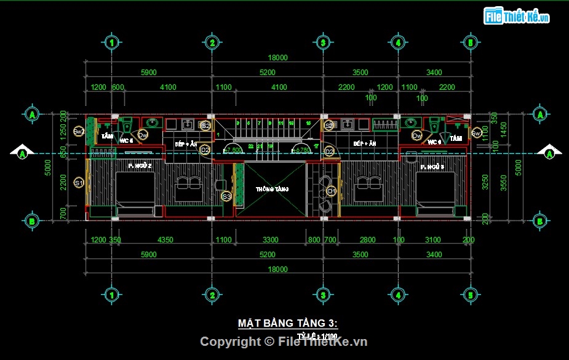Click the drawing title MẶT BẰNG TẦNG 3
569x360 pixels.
(288, 324)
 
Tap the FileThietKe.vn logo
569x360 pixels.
(517, 17)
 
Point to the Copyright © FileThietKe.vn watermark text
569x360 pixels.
(284, 342)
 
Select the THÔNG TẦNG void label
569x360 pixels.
(273, 189)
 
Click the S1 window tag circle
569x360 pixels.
(79, 183)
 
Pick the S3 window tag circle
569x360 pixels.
(226, 197)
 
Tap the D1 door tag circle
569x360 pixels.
(331, 191)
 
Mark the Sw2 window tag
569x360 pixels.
(79, 132)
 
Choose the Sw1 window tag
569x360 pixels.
(476, 132)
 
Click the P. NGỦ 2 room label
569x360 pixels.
(140, 166)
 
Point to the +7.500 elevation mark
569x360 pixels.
(233, 150)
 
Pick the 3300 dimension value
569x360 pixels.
(270, 240)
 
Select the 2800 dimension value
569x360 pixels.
(368, 240)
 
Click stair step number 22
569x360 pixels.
(251, 146)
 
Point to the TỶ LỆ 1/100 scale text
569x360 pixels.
(317, 336)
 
